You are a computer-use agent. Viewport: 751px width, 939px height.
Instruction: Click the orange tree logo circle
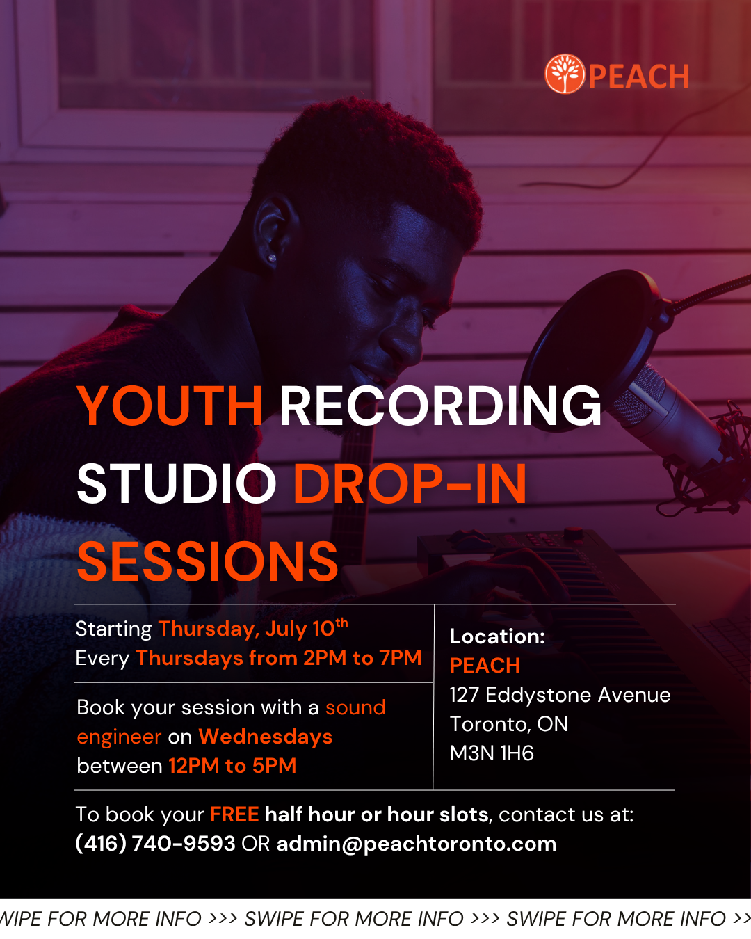coord(565,74)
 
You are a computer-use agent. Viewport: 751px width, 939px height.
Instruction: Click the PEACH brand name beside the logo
coord(639,77)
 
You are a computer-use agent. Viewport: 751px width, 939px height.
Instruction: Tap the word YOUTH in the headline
coord(170,406)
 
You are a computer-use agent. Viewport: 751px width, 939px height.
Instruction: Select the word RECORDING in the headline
coord(441,406)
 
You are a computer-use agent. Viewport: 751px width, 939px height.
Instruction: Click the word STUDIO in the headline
coord(177,483)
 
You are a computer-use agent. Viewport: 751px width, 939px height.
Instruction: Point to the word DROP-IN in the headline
coord(410,483)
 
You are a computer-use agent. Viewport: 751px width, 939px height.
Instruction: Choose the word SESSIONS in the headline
coord(208,561)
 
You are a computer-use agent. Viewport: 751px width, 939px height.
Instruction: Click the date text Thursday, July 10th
coord(253,628)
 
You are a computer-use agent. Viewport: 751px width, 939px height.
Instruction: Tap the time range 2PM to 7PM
coord(362,658)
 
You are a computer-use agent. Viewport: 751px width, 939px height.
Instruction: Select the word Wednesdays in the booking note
coord(266,737)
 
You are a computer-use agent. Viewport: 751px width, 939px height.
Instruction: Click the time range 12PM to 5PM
coord(232,766)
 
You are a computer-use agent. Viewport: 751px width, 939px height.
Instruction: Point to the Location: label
coord(497,636)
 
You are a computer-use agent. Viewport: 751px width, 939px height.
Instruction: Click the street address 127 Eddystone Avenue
coord(560,695)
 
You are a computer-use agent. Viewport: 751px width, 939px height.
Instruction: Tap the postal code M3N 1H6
coord(492,753)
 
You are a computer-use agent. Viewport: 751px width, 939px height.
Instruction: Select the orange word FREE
coord(235,814)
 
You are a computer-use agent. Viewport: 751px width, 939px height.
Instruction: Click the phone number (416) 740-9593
coord(155,844)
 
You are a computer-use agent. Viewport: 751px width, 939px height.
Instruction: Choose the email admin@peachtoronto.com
coord(417,844)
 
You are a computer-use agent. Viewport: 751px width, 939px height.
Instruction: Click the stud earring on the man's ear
coord(273,258)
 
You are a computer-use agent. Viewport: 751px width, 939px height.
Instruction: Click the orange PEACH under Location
coord(485,666)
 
